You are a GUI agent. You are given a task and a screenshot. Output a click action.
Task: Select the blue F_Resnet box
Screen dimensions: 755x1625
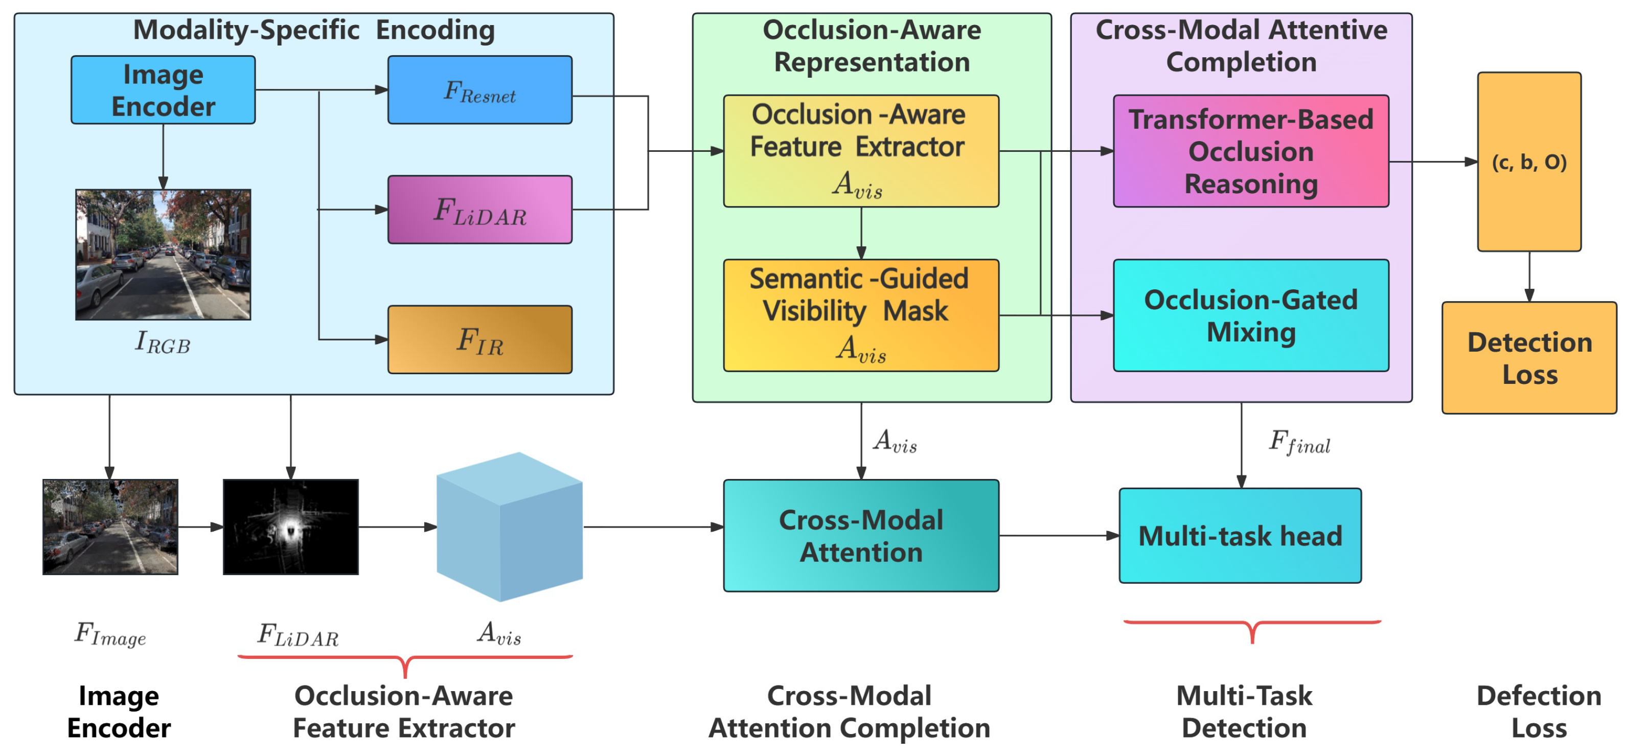coord(479,89)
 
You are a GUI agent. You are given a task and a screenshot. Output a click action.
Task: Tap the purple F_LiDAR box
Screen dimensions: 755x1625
coord(479,210)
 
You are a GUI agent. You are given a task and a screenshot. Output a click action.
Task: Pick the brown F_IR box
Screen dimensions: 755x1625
coord(479,339)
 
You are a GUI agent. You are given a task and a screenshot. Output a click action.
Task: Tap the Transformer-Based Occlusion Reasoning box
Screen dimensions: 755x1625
coord(1250,151)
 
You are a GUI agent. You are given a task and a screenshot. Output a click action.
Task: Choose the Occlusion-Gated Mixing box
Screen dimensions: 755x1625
coord(1250,315)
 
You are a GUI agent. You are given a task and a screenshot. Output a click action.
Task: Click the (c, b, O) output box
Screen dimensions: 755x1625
coord(1528,162)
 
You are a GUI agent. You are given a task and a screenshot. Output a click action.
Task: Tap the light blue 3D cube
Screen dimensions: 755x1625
coord(509,527)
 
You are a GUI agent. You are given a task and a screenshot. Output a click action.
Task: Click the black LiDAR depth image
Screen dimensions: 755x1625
coord(290,527)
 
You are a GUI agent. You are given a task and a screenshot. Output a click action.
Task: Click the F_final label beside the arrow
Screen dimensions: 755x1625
coord(1299,442)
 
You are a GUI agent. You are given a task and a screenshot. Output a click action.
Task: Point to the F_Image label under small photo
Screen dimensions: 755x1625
coord(110,633)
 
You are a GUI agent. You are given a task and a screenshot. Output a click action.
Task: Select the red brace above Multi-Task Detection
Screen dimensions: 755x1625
coord(1252,629)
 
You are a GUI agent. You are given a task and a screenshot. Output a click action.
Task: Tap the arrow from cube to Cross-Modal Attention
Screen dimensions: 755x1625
coord(653,527)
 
